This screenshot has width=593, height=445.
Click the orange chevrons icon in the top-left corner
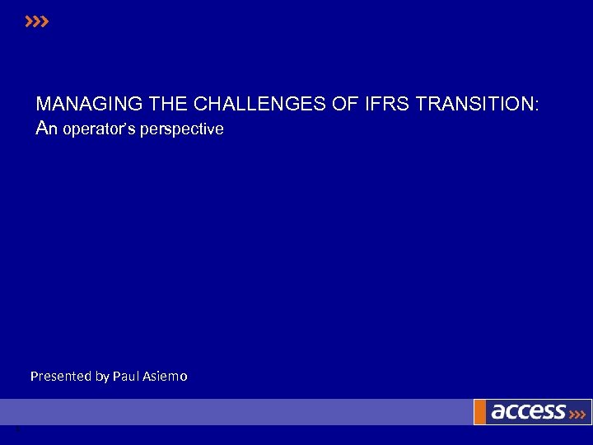(x=37, y=21)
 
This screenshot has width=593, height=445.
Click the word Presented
(x=61, y=376)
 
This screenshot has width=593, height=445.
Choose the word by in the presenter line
(x=102, y=377)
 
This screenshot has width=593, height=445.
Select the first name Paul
(x=127, y=376)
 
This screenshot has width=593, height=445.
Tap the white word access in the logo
(x=528, y=411)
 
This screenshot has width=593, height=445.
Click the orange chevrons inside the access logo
(x=578, y=413)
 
